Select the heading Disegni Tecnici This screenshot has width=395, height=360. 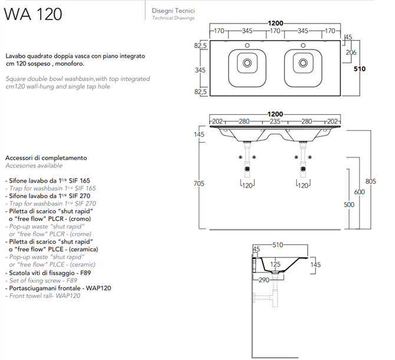[173, 11]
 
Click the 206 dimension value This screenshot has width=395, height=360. [350, 53]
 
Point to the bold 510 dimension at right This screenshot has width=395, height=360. [360, 69]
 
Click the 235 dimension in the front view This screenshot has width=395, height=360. [275, 122]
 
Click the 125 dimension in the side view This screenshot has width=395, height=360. [275, 265]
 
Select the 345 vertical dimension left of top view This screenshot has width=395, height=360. [200, 70]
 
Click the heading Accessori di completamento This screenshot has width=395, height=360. [46, 158]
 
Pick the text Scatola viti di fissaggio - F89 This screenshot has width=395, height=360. [49, 273]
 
